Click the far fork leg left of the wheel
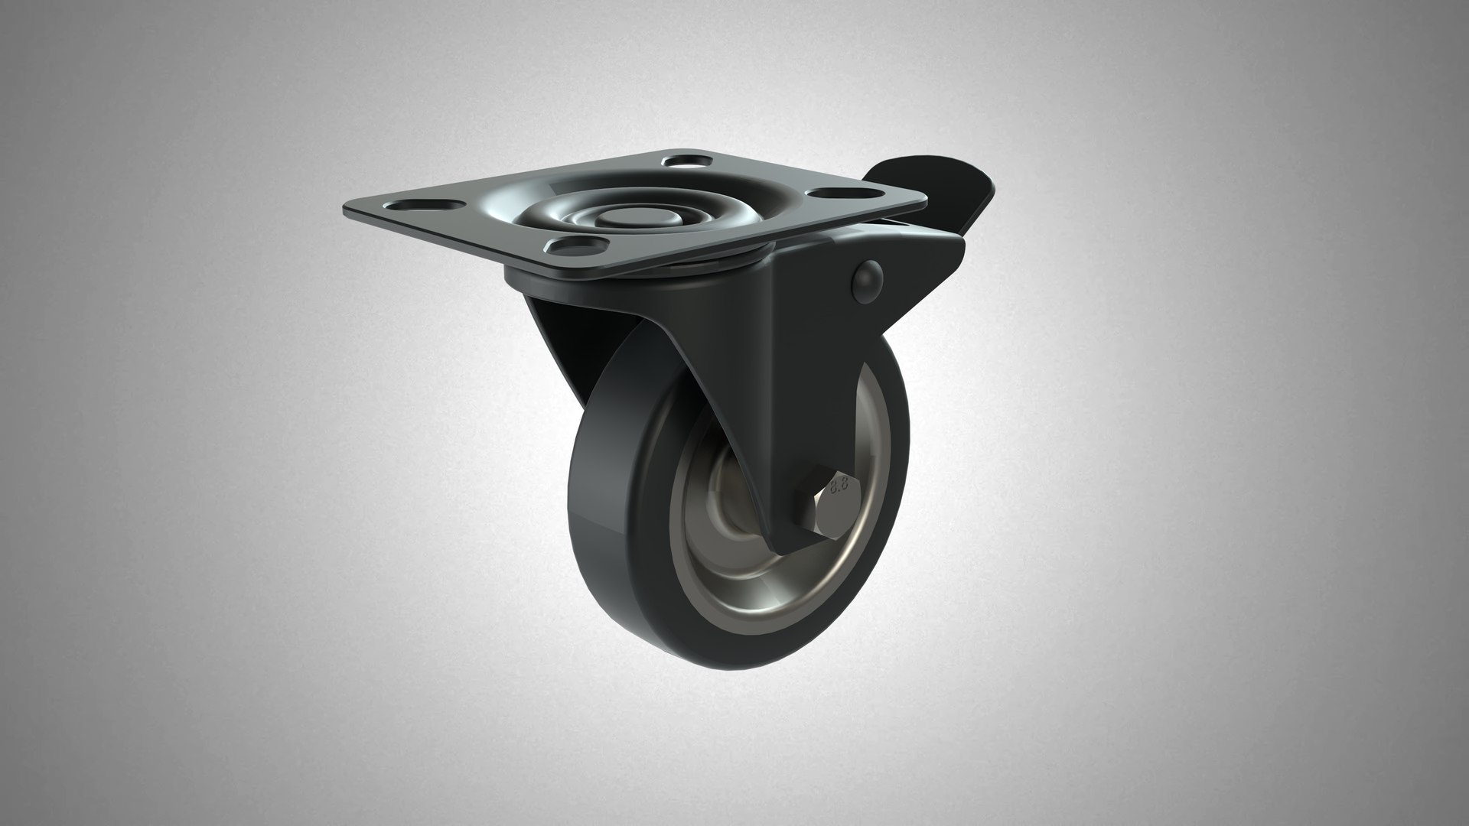click(x=559, y=337)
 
